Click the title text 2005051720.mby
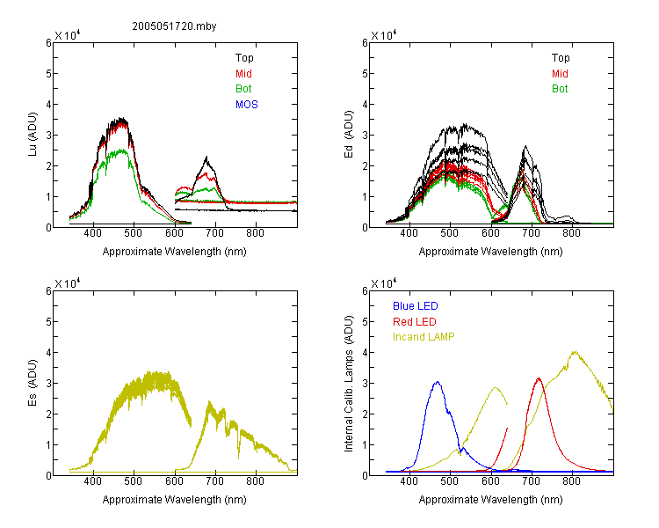tap(175, 26)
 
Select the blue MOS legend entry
tap(247, 105)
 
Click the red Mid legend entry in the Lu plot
tap(243, 74)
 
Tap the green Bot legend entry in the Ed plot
tap(560, 89)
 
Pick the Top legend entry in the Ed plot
tap(561, 58)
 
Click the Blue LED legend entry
tap(416, 306)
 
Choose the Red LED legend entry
tap(415, 322)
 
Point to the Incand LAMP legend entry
tap(424, 337)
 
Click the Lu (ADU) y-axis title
tap(33, 135)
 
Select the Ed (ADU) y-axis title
tap(349, 135)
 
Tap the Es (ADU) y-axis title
tap(33, 383)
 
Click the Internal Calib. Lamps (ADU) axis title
tap(349, 384)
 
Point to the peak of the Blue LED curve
tap(438, 382)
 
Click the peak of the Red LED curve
tap(539, 378)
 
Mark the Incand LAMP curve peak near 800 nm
tap(575, 351)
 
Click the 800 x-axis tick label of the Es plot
tap(255, 481)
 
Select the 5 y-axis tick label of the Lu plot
tap(48, 74)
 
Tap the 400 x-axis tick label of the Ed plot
tap(409, 233)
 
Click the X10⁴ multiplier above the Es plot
tap(68, 283)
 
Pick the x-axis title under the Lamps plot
tap(490, 500)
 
